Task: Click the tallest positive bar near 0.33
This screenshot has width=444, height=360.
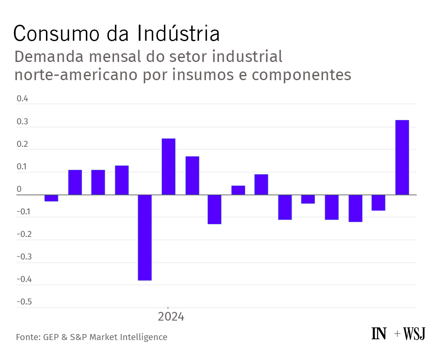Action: click(x=402, y=157)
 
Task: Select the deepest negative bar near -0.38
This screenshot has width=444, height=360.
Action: click(x=145, y=237)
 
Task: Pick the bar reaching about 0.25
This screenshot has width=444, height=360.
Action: click(x=168, y=166)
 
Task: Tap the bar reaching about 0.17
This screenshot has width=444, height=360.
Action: click(x=192, y=175)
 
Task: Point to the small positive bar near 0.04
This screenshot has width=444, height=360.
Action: click(x=238, y=190)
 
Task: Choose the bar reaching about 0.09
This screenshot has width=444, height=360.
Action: click(x=261, y=185)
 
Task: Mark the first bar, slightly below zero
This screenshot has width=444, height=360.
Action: click(x=51, y=198)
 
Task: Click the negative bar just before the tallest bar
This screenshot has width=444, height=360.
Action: click(x=378, y=202)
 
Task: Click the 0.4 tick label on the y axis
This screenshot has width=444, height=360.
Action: click(x=22, y=99)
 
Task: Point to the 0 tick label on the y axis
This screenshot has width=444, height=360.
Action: click(x=19, y=189)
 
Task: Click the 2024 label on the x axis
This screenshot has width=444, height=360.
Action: click(x=171, y=317)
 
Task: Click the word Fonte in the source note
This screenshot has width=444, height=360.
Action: click(x=27, y=337)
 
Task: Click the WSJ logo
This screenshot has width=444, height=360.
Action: click(x=415, y=334)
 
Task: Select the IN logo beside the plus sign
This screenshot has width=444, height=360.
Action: click(x=379, y=334)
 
